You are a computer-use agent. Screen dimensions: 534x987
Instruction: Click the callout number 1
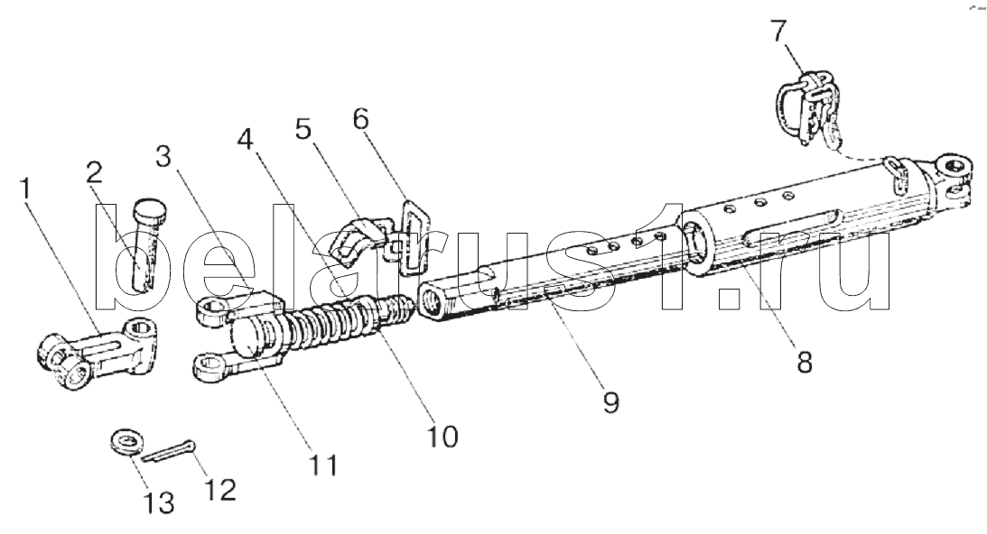[26, 190]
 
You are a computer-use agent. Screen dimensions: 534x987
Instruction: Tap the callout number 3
[163, 156]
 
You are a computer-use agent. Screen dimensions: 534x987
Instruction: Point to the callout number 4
[244, 141]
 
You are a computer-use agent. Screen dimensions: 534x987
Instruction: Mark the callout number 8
[804, 360]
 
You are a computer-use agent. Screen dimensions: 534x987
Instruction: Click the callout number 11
[322, 465]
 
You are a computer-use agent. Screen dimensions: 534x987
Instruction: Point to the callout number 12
[221, 489]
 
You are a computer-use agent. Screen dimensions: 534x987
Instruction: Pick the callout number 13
[160, 502]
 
